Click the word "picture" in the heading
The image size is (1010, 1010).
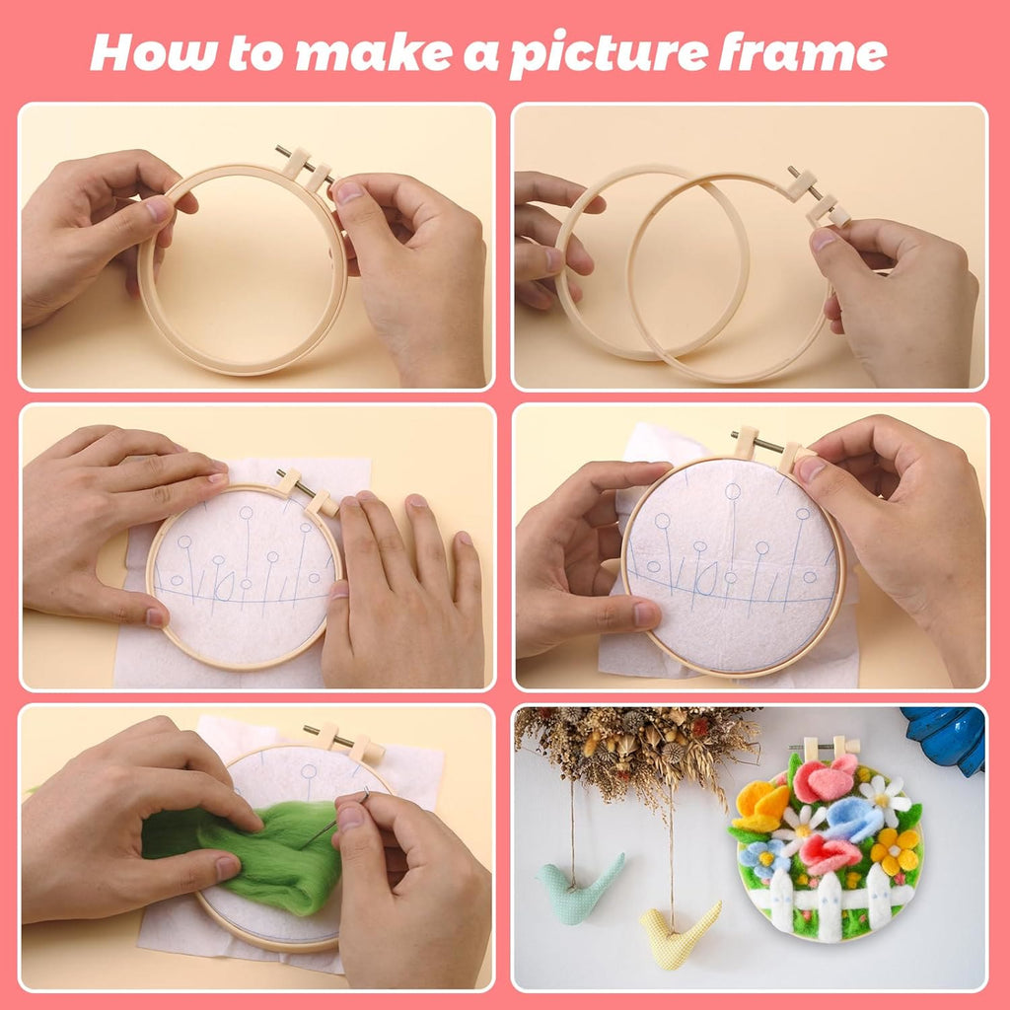(607, 54)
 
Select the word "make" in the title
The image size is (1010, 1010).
(368, 52)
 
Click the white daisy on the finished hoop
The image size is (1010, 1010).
(884, 797)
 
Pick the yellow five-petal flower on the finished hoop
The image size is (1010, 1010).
(895, 849)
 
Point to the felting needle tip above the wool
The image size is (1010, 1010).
(365, 793)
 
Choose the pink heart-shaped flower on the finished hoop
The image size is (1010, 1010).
(824, 779)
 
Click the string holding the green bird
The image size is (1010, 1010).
(572, 819)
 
